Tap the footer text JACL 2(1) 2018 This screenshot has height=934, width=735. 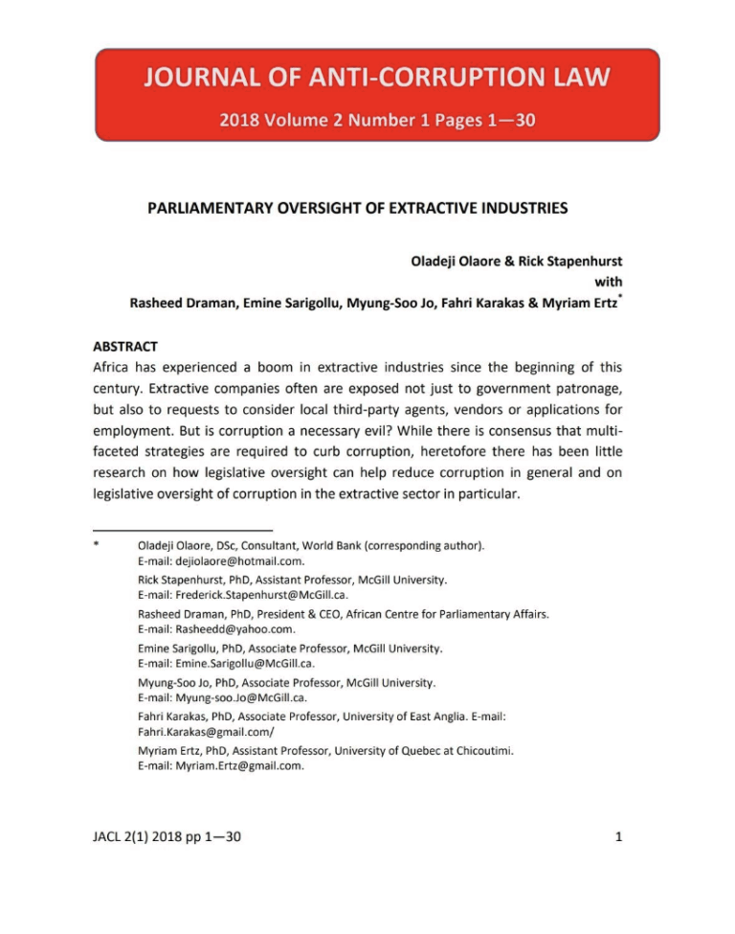coord(145,837)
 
